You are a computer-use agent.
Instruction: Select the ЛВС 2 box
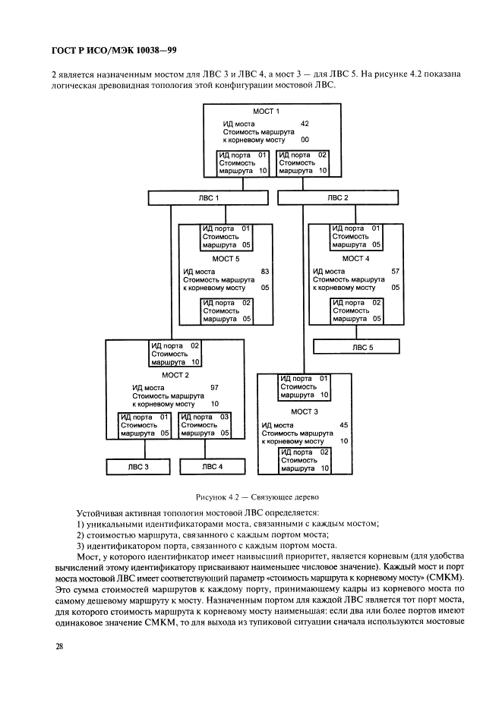(338, 198)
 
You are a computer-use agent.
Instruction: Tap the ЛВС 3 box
(137, 467)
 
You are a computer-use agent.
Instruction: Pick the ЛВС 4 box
(212, 467)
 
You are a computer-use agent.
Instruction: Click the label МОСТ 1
(267, 112)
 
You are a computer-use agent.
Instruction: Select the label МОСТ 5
(225, 258)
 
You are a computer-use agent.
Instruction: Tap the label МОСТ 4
(355, 258)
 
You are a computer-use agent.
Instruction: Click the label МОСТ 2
(175, 375)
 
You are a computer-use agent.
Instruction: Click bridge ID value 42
(305, 122)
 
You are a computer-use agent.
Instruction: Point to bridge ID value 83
(265, 270)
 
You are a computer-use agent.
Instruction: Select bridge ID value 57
(395, 270)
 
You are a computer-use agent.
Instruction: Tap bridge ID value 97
(214, 386)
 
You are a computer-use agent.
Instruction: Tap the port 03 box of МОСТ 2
(205, 425)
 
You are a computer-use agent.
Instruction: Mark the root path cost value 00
(305, 140)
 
